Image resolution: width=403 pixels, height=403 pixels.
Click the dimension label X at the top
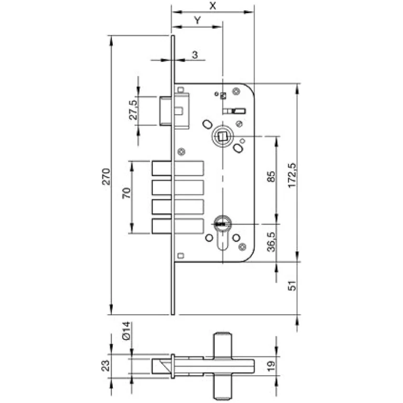click(x=213, y=5)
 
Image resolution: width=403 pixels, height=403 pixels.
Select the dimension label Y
click(x=197, y=20)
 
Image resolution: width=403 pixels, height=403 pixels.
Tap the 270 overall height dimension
click(x=106, y=176)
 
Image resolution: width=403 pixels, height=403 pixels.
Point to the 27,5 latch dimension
click(x=133, y=110)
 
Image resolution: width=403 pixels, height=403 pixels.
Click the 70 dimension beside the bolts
click(x=126, y=193)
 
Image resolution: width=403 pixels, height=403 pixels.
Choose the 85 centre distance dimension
click(x=271, y=176)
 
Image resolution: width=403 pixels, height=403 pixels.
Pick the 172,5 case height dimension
click(x=292, y=175)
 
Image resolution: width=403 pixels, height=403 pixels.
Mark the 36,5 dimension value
click(x=271, y=242)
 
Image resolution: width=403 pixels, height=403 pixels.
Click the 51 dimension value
click(x=292, y=285)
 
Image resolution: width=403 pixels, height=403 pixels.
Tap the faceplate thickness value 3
click(x=195, y=55)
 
